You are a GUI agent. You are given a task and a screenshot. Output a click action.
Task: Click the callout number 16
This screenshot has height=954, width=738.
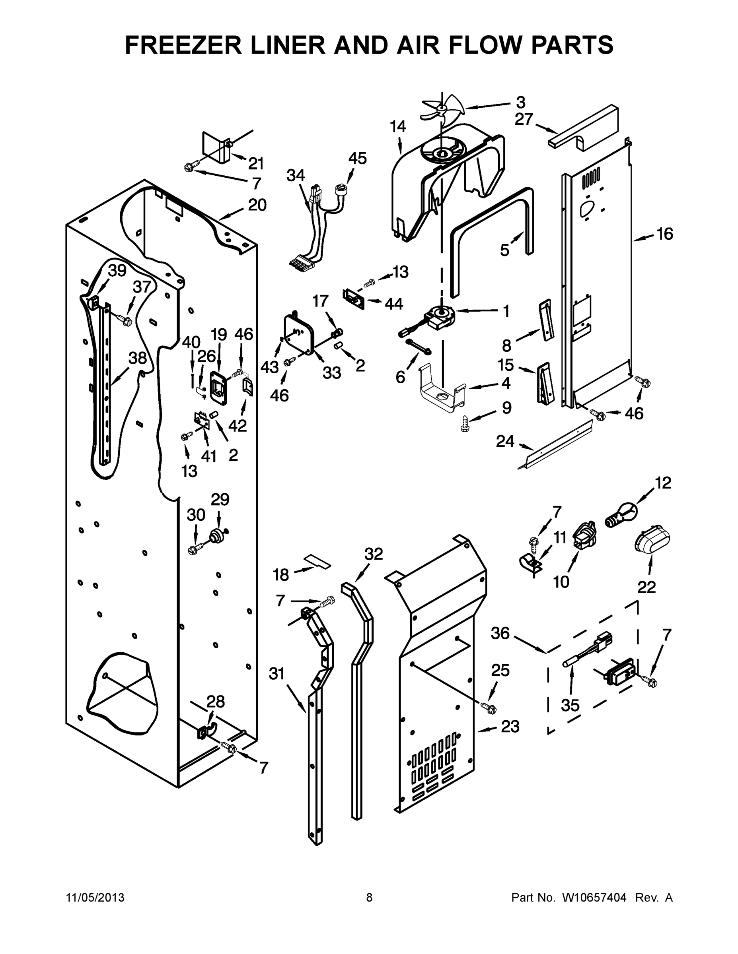pos(664,235)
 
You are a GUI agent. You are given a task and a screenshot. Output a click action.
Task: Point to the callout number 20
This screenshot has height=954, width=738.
pos(257,204)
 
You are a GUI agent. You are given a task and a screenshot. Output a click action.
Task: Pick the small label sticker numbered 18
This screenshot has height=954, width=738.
pos(318,561)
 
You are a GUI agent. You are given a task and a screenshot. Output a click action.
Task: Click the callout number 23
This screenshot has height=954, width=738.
pos(510,727)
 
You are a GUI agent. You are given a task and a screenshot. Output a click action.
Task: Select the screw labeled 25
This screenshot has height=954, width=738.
pos(488,706)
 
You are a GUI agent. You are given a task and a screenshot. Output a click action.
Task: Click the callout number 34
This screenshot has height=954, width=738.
pos(296,175)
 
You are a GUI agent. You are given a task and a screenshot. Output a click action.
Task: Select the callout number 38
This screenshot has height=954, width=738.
pos(137,358)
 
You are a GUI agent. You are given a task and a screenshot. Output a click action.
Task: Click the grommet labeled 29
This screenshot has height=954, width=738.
pos(217,535)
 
